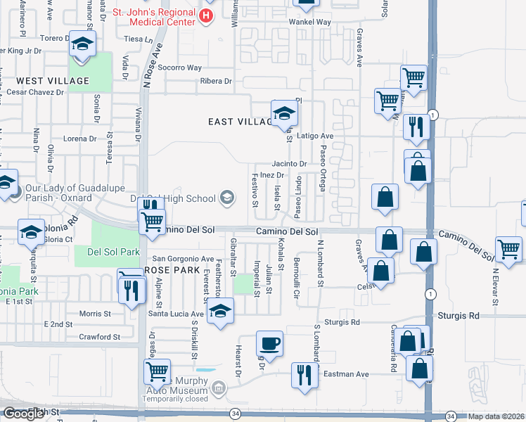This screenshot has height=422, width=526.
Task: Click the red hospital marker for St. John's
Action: coord(206,15)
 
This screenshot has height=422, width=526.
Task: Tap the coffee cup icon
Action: coord(270,345)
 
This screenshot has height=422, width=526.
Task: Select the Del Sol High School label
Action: coord(173,198)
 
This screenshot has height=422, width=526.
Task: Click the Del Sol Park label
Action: coord(113,252)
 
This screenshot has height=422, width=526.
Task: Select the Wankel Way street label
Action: coord(310,22)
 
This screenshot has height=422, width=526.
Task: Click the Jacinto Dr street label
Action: coord(290,163)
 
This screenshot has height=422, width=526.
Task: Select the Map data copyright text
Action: coord(496,416)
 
